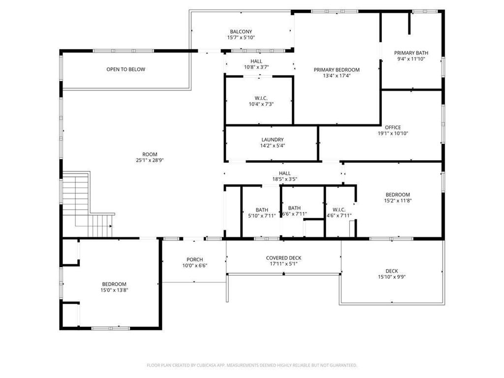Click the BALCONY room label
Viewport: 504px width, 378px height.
[241, 31]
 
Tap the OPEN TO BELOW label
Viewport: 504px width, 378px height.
[126, 69]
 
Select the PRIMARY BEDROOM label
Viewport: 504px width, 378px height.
[337, 70]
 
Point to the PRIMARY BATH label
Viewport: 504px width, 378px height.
[411, 53]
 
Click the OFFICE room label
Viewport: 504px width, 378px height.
[393, 127]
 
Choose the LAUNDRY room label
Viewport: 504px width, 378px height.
[272, 140]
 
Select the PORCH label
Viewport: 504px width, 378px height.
[194, 260]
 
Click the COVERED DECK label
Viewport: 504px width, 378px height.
[283, 258]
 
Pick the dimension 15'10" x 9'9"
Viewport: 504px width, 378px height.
[392, 277]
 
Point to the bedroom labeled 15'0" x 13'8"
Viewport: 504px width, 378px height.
[114, 284]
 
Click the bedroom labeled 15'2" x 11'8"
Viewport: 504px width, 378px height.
[397, 195]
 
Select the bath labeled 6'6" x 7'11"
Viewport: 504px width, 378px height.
[294, 208]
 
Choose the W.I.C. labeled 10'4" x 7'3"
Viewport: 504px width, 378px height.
[260, 97]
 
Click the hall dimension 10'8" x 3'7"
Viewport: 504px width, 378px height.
[256, 67]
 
